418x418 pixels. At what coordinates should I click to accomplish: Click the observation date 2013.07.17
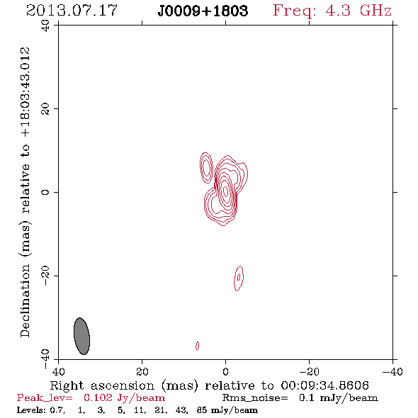point(72,11)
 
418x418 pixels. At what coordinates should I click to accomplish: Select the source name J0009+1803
point(203,11)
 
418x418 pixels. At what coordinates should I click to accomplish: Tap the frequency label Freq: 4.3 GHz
point(332,11)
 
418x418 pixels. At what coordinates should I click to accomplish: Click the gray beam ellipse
point(81,336)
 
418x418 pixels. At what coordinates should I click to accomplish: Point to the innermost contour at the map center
point(225,191)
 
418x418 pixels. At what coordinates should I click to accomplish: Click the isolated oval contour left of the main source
point(206,168)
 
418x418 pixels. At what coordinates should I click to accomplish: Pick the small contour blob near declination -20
point(239,278)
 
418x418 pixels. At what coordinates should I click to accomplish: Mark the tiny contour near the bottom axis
point(197,346)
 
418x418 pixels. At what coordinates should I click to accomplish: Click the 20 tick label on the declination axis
point(45,109)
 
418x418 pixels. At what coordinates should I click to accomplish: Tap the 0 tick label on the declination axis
point(45,192)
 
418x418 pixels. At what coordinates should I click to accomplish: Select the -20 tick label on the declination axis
point(45,276)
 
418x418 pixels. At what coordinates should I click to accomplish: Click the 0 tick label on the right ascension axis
point(225,371)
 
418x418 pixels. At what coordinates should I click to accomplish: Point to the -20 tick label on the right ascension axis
point(309,371)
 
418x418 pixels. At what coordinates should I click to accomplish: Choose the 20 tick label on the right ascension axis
point(142,371)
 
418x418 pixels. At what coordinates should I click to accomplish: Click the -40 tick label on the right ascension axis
point(392,371)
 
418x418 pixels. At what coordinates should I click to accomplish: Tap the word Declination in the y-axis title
point(25,300)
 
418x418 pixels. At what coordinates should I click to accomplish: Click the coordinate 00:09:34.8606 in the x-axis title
point(324,385)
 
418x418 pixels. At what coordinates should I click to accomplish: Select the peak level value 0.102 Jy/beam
point(124,398)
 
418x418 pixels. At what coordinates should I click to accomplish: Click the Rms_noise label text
point(255,398)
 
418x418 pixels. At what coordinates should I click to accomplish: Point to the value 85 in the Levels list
point(202,409)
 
